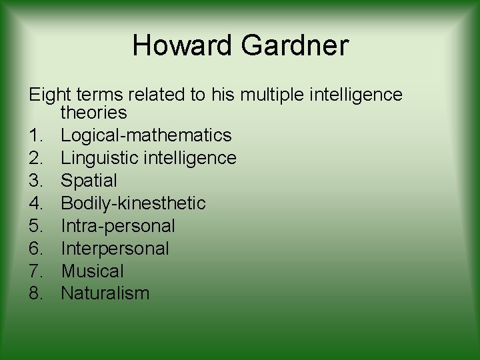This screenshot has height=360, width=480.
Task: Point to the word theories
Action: click(93, 113)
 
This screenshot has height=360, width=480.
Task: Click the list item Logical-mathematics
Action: click(146, 135)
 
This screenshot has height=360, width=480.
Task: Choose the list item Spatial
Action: click(89, 181)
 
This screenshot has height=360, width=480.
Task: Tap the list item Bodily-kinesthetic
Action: click(133, 203)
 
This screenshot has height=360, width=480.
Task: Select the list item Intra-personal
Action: click(118, 225)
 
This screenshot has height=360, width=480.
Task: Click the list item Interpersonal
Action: click(115, 248)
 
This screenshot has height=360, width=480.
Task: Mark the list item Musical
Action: click(92, 271)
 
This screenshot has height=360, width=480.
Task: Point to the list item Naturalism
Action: click(105, 293)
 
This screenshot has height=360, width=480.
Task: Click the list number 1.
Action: click(37, 135)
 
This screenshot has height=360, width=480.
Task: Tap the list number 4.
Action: click(37, 203)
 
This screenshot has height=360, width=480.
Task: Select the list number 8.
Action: click(37, 293)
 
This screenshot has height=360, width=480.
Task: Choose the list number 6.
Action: click(37, 248)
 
